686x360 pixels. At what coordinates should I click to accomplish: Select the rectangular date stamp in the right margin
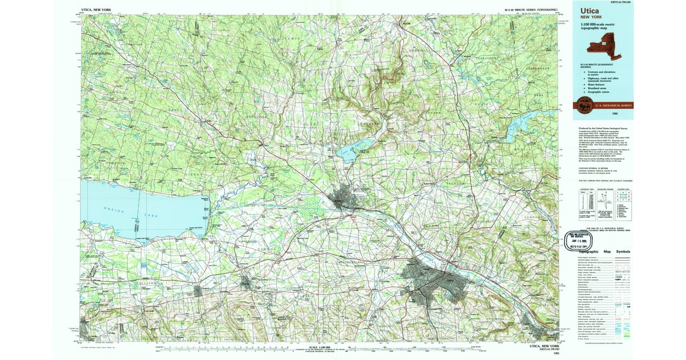point(580,240)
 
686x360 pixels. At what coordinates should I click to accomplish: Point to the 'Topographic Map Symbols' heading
point(604,252)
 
